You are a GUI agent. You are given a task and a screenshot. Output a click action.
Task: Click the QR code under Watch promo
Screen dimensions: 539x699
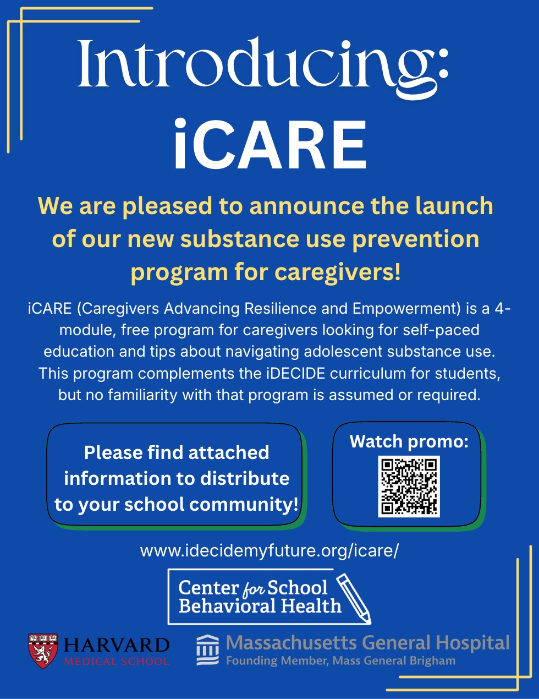(x=409, y=487)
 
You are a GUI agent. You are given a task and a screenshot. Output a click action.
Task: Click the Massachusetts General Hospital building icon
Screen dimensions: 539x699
(x=208, y=650)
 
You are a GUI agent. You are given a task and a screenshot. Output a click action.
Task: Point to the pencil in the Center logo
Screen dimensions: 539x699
(x=354, y=599)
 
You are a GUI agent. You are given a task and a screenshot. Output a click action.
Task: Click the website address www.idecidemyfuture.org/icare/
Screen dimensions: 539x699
(x=269, y=550)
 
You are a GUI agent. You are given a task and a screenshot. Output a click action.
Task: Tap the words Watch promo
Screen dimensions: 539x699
(x=409, y=441)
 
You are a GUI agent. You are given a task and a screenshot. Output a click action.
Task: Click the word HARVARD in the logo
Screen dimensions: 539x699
(x=117, y=646)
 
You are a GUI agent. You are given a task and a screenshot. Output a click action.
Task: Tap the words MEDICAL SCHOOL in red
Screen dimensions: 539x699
(x=117, y=662)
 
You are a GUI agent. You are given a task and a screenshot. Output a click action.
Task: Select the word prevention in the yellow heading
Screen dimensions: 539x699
(x=416, y=239)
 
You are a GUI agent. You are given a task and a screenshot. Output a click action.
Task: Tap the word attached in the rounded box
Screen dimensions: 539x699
(x=228, y=452)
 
